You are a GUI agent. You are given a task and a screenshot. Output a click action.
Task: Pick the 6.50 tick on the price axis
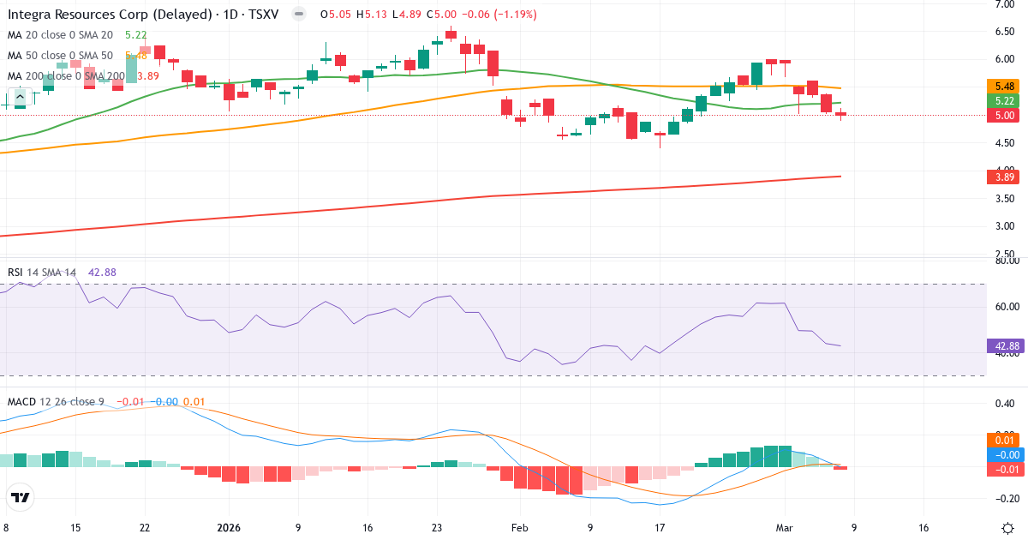(x=1004, y=32)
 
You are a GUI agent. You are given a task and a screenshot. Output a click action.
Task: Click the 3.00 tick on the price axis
(x=1004, y=226)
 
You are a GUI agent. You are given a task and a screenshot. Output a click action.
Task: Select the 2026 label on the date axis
(x=230, y=528)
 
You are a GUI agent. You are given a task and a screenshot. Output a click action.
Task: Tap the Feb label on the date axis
(x=520, y=528)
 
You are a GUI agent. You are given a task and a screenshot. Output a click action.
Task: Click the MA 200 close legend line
(x=67, y=76)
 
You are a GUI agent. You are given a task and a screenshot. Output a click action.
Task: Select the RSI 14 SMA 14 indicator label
(x=41, y=273)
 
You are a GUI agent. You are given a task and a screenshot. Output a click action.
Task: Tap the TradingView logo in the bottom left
(x=20, y=497)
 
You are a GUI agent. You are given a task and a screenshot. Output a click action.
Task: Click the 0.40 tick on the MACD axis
(x=1004, y=404)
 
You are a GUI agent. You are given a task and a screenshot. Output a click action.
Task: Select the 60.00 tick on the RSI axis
(x=1004, y=307)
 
